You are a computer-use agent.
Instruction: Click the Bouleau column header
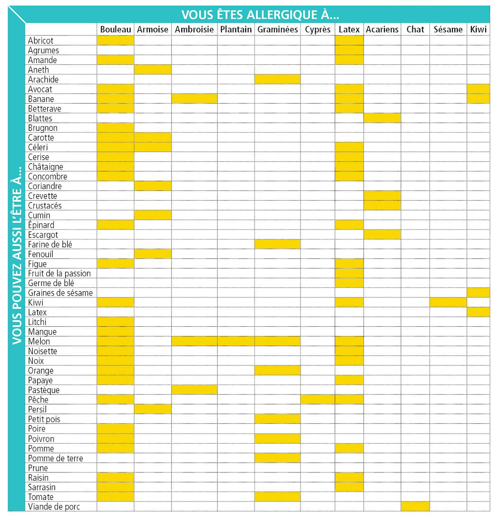click(115, 29)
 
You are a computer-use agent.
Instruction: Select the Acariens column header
click(382, 29)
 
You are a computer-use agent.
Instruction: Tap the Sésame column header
click(448, 29)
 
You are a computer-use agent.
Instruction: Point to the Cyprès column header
click(318, 29)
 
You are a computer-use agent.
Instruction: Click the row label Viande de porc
click(53, 507)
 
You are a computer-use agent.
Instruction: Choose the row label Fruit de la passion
click(59, 274)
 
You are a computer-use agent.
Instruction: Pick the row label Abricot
click(41, 41)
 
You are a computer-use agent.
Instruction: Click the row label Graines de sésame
click(60, 293)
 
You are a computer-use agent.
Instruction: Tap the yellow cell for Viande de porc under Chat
click(415, 507)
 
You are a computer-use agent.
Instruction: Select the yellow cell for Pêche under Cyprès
click(318, 400)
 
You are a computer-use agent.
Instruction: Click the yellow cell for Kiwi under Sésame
click(448, 303)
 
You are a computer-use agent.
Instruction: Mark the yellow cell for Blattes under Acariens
click(382, 118)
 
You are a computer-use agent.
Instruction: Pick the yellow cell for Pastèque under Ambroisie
click(194, 390)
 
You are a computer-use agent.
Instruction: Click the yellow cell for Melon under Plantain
click(236, 341)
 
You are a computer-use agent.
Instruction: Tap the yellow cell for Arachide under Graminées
click(277, 80)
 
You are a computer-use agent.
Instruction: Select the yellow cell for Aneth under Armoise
click(152, 70)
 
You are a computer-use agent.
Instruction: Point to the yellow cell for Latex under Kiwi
click(478, 312)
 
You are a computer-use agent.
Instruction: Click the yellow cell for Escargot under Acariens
click(382, 235)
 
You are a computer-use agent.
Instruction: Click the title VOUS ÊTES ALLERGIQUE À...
click(260, 14)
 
